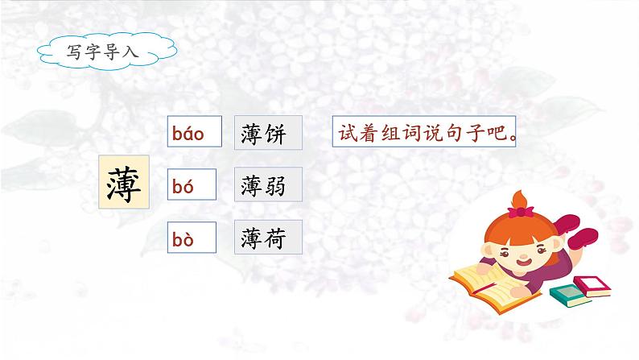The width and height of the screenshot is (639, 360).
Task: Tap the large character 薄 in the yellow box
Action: pos(124,182)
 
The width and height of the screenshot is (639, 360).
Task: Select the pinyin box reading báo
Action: pos(195,131)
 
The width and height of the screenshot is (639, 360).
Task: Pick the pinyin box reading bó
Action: pos(192,184)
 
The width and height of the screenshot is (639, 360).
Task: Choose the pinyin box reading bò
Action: pos(192,238)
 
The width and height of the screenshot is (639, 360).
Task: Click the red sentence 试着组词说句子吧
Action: pos(424,131)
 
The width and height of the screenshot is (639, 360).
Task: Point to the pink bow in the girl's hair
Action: pos(521,212)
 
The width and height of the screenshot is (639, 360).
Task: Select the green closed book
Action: pos(570,296)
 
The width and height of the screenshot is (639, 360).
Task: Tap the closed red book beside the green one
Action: pos(592,286)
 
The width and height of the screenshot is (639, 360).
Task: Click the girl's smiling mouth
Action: pos(524,261)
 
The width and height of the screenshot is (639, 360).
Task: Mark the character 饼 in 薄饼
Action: pos(274,134)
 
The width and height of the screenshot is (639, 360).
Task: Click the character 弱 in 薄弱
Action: pos(274,186)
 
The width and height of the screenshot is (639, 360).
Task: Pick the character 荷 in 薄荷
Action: pos(274,238)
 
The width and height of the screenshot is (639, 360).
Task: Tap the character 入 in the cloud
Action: pos(130,52)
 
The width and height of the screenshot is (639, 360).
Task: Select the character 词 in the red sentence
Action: pos(411,132)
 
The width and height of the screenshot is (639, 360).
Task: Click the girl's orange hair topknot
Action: pos(519,200)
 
